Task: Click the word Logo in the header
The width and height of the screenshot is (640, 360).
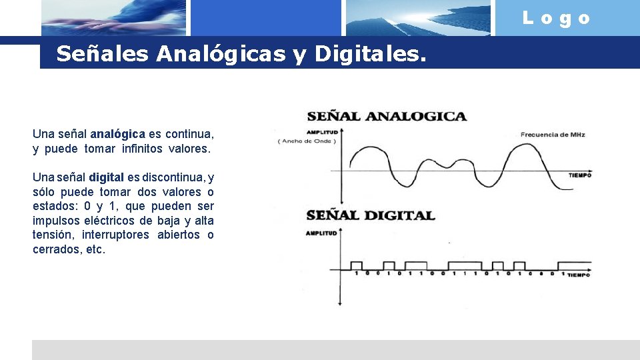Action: coord(557,19)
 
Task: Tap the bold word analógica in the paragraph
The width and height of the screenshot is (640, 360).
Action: coord(117,134)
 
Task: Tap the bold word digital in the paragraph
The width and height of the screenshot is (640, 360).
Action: coord(106,177)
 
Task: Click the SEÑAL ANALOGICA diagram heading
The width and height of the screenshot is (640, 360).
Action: coord(387,116)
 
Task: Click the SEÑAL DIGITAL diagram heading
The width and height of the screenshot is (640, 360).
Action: coord(371,215)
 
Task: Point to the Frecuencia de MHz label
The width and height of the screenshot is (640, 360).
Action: coord(553,135)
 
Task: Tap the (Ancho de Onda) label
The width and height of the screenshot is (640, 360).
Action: coord(307,141)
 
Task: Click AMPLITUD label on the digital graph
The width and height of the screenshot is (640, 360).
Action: coord(321,233)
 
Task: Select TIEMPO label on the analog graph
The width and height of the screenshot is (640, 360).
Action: coord(579,176)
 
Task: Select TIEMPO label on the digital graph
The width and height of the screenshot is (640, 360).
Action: coord(579,275)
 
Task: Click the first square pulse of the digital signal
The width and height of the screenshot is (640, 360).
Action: coord(357,265)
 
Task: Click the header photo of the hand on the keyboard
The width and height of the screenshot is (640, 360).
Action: coord(113,18)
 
